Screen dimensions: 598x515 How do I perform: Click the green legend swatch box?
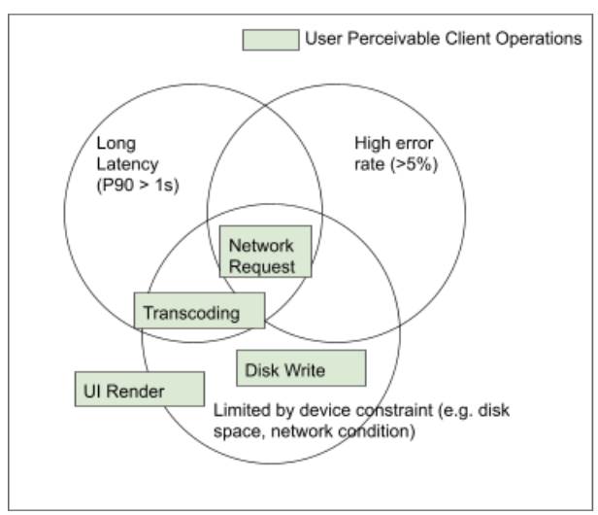271,40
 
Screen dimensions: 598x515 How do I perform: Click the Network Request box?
265,252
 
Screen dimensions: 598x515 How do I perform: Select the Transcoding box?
199,310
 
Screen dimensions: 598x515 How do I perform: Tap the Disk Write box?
301,368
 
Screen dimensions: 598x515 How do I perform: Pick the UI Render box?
140,389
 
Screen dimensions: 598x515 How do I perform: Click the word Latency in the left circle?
127,164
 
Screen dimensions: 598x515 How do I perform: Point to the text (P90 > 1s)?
138,186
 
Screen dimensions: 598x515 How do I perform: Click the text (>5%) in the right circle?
414,164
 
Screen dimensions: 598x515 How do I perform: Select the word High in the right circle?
369,143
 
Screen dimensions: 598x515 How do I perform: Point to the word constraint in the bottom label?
394,410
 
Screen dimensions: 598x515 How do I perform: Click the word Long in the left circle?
116,144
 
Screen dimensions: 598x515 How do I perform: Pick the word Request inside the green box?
262,266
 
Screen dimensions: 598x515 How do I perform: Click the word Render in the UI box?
135,392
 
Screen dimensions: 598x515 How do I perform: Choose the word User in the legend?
324,39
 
